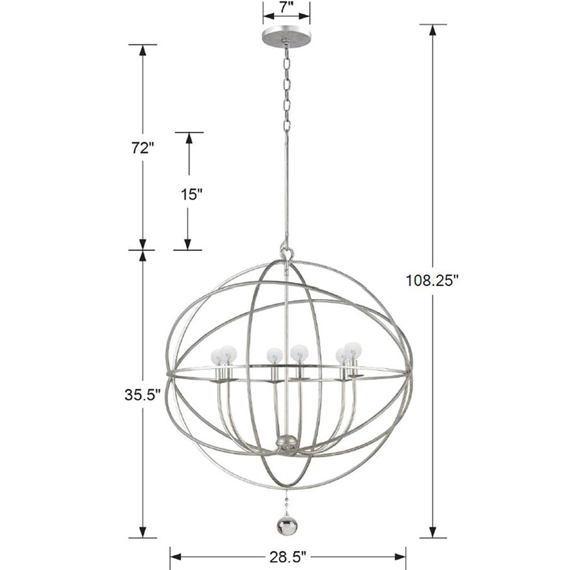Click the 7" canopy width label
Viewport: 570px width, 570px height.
[286, 9]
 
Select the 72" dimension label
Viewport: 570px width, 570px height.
[142, 148]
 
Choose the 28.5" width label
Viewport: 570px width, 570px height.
[287, 555]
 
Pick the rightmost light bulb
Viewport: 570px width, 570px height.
[354, 349]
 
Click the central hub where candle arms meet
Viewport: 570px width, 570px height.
[285, 441]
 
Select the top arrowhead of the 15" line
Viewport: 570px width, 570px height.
[189, 139]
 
